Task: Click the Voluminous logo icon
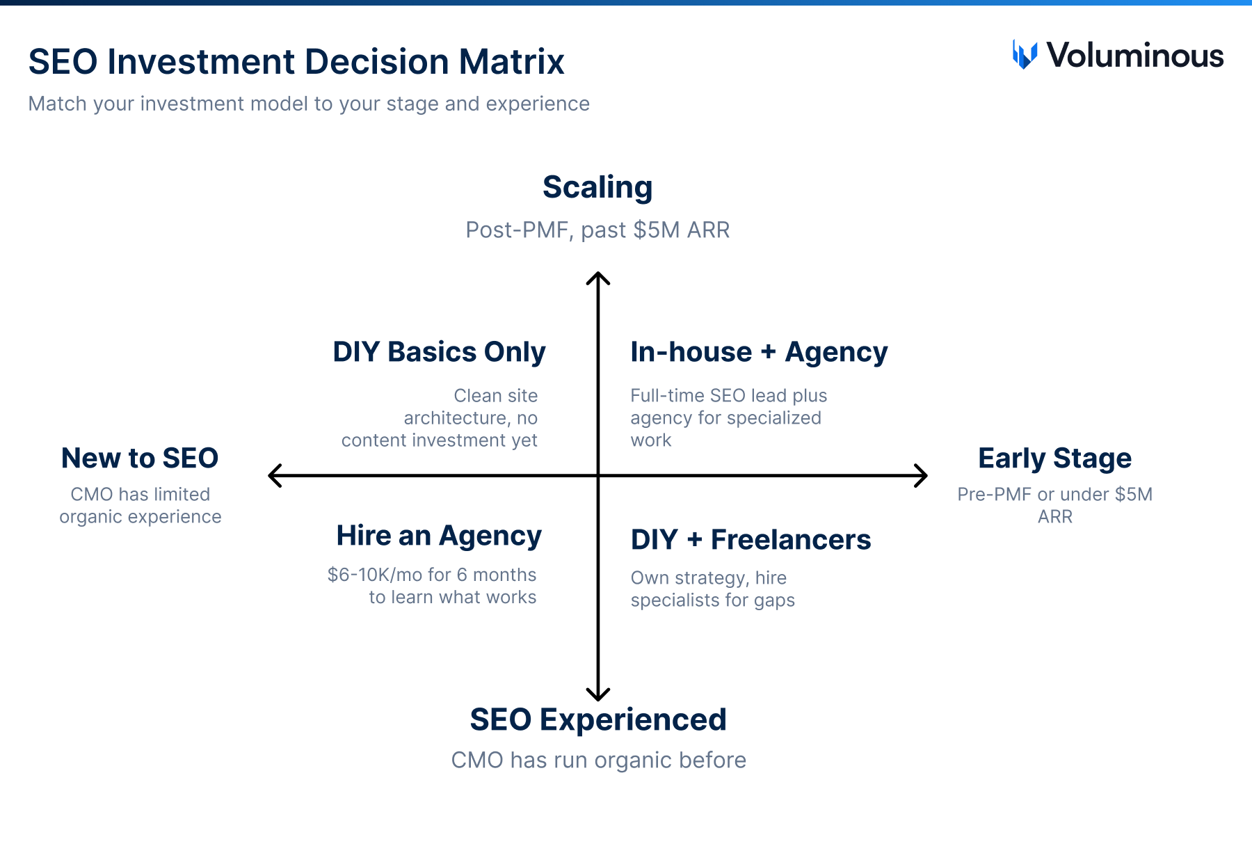1025,55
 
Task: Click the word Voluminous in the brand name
1134,56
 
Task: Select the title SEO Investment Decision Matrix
296,62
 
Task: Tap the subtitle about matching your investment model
309,104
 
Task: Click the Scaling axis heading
597,187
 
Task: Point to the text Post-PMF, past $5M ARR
597,230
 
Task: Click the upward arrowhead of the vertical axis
598,277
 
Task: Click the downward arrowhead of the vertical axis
598,696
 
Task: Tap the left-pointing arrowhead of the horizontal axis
273,476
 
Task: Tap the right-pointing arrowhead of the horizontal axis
922,476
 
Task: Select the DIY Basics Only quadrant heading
439,352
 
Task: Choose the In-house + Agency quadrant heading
759,352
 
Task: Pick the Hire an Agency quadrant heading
439,536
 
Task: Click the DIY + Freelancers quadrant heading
751,540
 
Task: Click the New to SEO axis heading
140,459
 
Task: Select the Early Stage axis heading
1054,459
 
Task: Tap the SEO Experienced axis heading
598,719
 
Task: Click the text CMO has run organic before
598,760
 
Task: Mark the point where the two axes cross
598,476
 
